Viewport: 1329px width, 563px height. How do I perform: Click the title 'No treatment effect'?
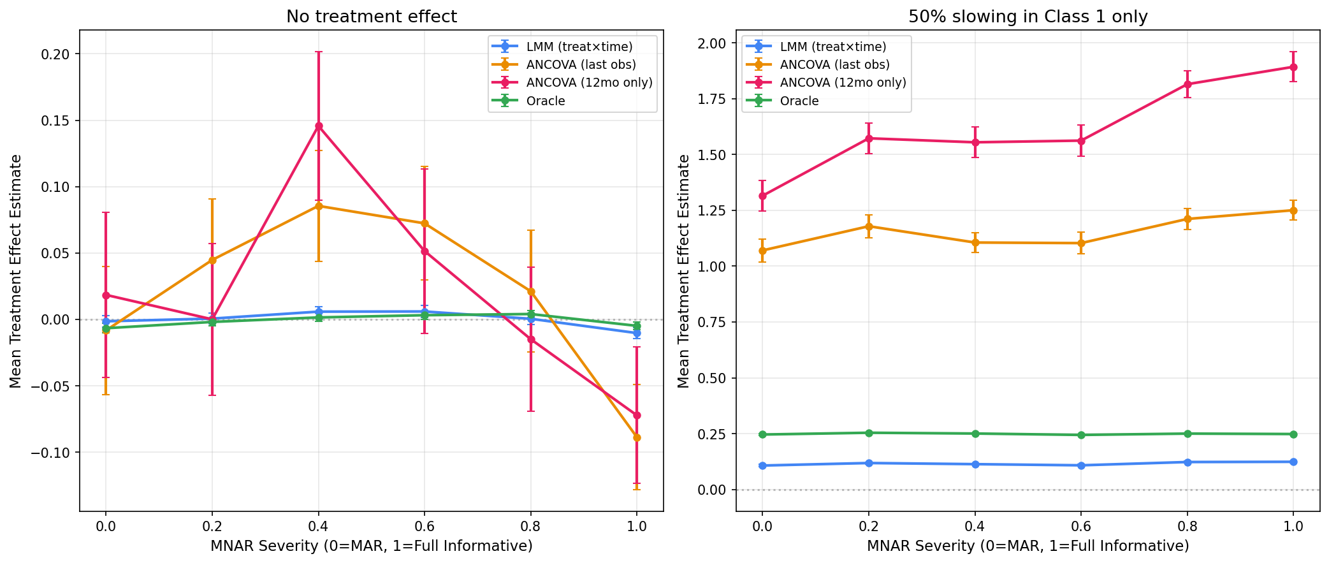click(371, 17)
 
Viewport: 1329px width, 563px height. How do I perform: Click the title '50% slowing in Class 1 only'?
click(1028, 17)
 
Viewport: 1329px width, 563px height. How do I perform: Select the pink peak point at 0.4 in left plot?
click(318, 126)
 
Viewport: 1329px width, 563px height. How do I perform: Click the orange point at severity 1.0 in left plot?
click(637, 437)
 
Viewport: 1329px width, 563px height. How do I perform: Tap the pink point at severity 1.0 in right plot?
click(1293, 67)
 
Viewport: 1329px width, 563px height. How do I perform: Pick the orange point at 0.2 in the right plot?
click(868, 226)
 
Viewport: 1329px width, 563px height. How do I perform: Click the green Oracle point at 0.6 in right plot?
click(1081, 435)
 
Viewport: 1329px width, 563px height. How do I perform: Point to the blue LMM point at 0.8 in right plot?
click(1187, 462)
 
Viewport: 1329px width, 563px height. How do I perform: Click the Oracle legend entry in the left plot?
click(546, 101)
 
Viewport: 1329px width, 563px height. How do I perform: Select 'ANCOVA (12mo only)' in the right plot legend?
click(843, 83)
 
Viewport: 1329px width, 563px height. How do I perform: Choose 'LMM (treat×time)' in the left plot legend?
click(579, 47)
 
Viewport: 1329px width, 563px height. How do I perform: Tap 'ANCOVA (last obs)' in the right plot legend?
click(834, 64)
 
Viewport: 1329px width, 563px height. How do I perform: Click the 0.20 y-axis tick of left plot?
click(57, 54)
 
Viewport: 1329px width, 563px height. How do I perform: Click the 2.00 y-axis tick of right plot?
click(713, 43)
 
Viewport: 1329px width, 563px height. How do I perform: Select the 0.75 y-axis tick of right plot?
click(713, 322)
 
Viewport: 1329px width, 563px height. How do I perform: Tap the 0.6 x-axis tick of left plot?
click(425, 526)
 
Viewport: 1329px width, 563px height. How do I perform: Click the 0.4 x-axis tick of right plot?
click(975, 526)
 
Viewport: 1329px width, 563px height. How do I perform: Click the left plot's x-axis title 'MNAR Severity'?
click(371, 546)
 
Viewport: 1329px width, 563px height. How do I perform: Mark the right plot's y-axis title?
click(684, 271)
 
